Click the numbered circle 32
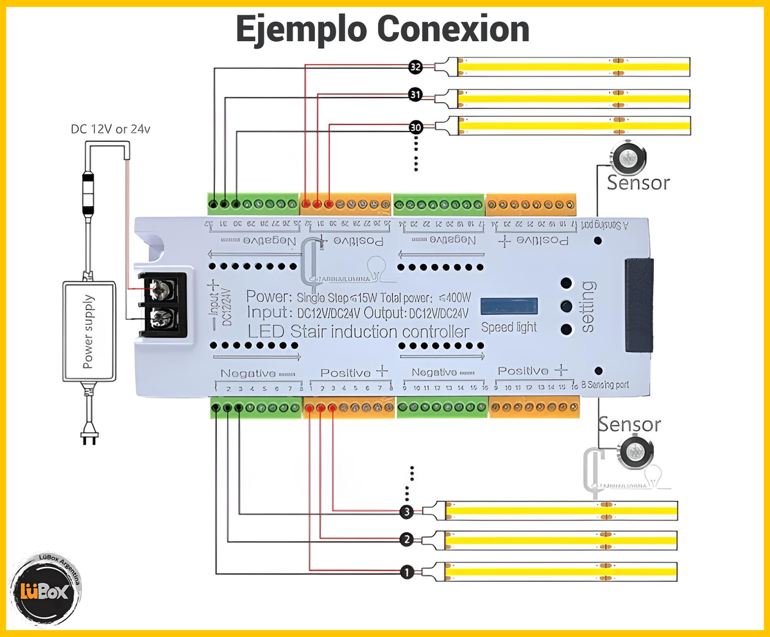(415, 66)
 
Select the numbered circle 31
(415, 95)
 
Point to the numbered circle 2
(406, 539)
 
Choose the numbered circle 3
(406, 512)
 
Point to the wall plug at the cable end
(89, 437)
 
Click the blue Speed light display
(508, 306)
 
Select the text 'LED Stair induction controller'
(358, 332)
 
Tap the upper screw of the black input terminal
(163, 290)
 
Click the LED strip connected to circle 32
(574, 66)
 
